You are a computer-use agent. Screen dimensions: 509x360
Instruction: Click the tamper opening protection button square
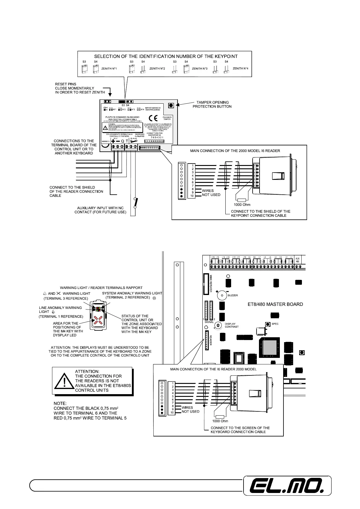click(x=171, y=105)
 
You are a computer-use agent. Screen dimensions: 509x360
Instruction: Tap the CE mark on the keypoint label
click(x=153, y=118)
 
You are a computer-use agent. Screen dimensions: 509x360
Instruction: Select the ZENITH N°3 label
click(x=200, y=69)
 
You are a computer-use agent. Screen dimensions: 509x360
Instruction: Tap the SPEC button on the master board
click(x=268, y=324)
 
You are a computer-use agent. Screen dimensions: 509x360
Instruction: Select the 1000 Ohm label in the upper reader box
click(x=242, y=205)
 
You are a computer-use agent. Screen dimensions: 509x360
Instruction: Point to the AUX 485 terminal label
click(x=297, y=260)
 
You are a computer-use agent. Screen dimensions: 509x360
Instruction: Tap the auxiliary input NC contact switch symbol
click(x=135, y=203)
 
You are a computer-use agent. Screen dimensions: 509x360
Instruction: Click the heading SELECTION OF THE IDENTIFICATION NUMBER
click(x=166, y=56)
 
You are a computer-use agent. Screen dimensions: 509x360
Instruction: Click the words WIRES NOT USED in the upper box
click(x=211, y=193)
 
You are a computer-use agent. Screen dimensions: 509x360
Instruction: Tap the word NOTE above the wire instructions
click(x=60, y=403)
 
